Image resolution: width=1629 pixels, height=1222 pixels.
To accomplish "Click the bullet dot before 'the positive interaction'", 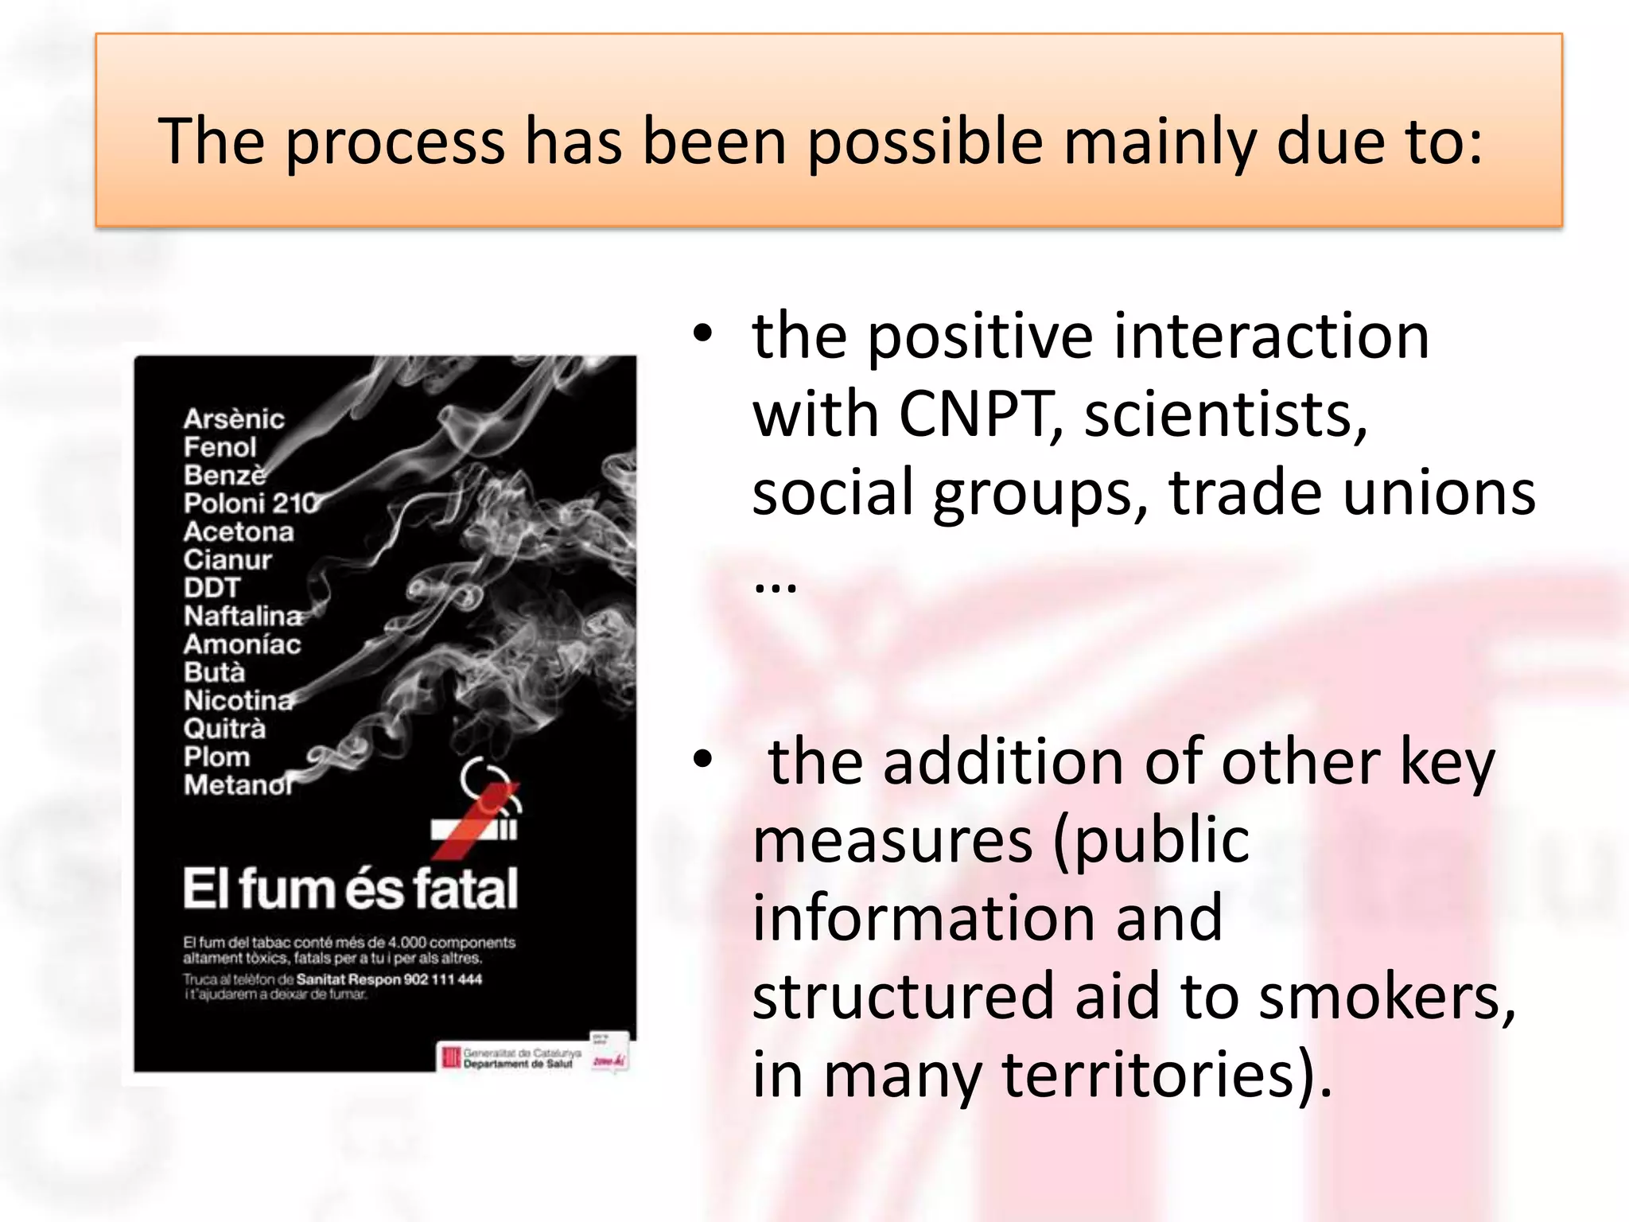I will point(702,335).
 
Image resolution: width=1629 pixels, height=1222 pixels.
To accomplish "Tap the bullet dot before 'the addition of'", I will point(702,760).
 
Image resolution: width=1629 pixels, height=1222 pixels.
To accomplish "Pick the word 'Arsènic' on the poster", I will point(234,418).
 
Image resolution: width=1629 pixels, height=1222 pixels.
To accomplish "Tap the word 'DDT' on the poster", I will point(212,588).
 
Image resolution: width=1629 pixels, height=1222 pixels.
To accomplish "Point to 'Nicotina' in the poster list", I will point(238,700).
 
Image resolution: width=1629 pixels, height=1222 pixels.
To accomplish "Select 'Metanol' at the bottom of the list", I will point(238,785).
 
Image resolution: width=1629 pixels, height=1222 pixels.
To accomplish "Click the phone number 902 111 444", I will point(443,979).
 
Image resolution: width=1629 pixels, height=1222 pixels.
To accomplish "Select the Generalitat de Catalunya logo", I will point(452,1057).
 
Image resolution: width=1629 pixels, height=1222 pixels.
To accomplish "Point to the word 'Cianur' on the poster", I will point(227,559).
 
